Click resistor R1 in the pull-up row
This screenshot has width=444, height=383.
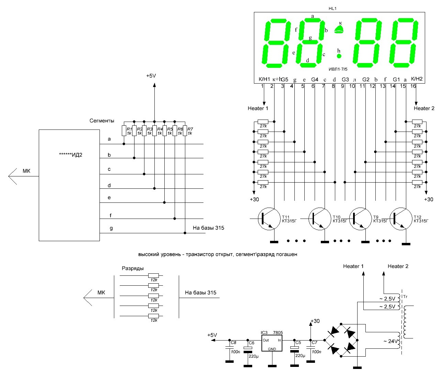click(x=124, y=131)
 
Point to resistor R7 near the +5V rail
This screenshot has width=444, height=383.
click(x=185, y=131)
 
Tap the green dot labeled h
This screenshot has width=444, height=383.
click(x=339, y=56)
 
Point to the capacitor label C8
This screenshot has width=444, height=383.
click(x=233, y=343)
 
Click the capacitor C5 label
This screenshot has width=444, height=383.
click(x=298, y=343)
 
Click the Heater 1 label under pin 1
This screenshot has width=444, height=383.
click(x=258, y=108)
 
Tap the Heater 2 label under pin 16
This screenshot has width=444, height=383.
click(x=424, y=108)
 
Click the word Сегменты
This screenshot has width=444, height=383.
click(x=102, y=121)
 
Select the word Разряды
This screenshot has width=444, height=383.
click(x=132, y=268)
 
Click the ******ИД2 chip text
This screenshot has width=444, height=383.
click(x=71, y=155)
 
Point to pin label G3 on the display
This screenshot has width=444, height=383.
click(x=345, y=79)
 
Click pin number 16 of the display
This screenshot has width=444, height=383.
click(x=413, y=86)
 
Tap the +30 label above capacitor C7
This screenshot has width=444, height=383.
click(x=315, y=321)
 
